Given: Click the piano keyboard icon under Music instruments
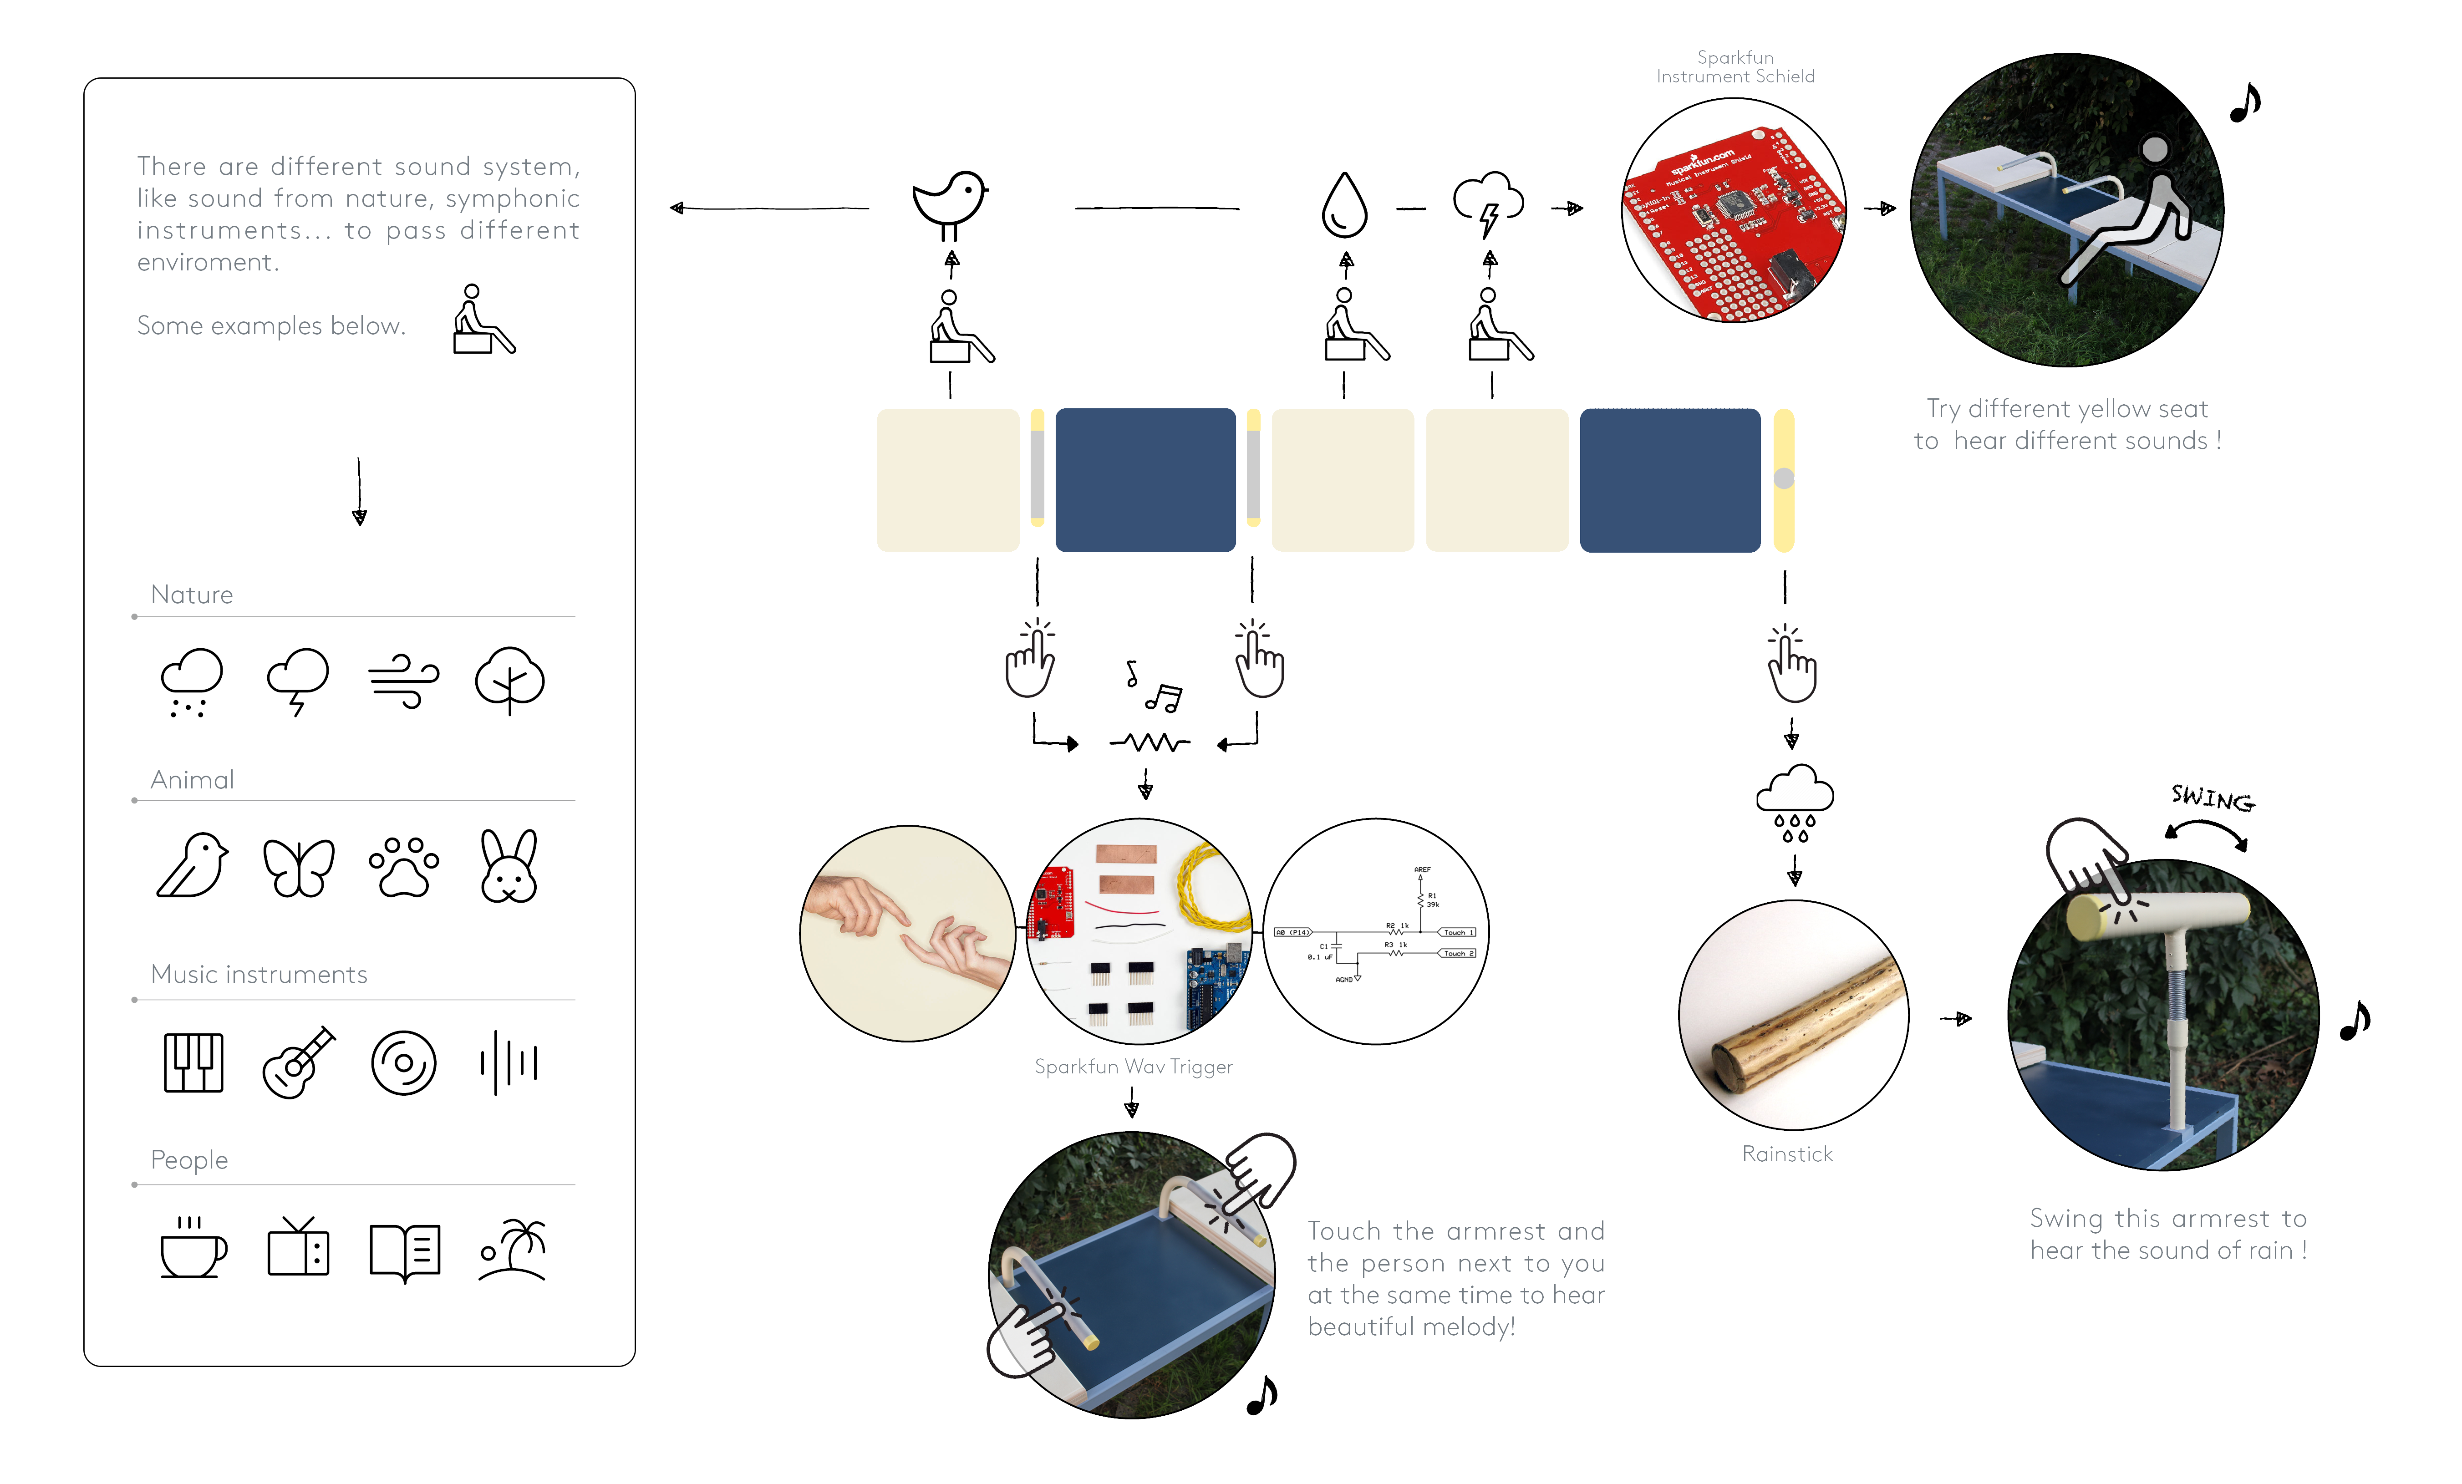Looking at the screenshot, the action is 193,1062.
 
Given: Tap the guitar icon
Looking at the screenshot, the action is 299,1062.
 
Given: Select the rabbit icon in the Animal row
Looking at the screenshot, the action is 509,865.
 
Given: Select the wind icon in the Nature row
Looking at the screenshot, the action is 404,681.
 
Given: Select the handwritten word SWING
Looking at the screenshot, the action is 2212,798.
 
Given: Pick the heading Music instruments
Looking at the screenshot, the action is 259,974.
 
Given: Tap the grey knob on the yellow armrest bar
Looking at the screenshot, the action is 1784,479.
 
